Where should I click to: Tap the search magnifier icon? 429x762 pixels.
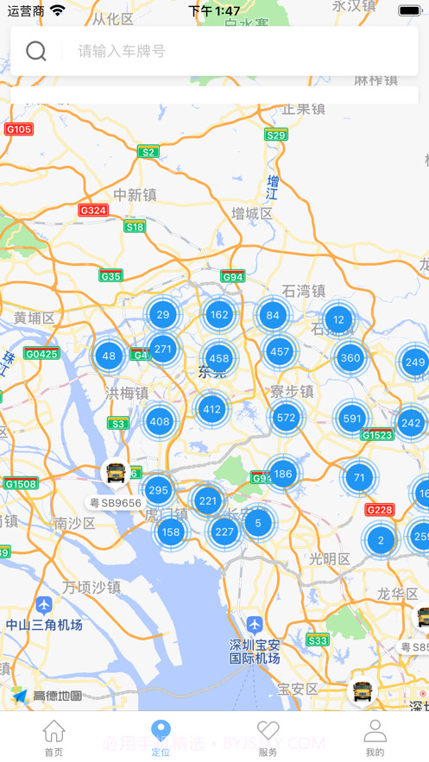(x=36, y=51)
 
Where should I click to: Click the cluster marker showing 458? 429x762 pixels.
(x=219, y=358)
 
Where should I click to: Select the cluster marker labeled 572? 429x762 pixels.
(x=286, y=418)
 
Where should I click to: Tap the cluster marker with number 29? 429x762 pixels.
(x=163, y=314)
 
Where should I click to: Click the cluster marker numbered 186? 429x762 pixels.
(x=283, y=474)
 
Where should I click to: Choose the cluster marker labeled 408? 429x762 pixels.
(x=160, y=422)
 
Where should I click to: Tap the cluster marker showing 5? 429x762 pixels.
(x=258, y=522)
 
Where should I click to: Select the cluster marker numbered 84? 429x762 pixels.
(x=273, y=315)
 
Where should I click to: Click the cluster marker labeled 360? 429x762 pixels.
(x=350, y=357)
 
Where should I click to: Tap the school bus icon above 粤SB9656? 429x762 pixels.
(x=115, y=473)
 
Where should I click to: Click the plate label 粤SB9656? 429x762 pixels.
(x=116, y=502)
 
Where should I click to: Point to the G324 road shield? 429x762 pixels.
(x=93, y=210)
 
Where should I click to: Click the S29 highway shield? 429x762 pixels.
(x=276, y=135)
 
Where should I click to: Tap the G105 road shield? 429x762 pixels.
(x=18, y=129)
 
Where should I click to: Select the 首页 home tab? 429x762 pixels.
(x=54, y=738)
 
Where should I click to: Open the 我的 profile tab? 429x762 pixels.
(x=375, y=738)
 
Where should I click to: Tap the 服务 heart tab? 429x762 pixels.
(x=268, y=738)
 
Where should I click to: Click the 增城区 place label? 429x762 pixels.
(x=251, y=212)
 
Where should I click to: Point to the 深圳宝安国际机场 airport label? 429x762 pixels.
(x=255, y=652)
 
